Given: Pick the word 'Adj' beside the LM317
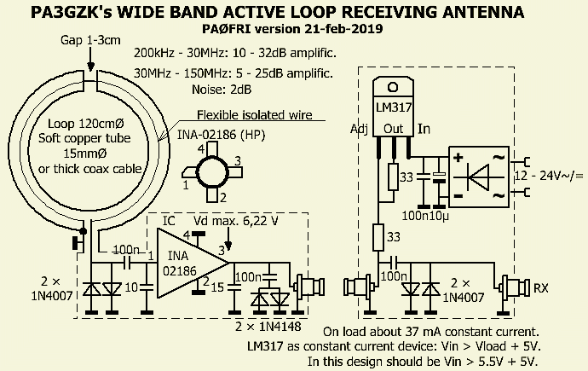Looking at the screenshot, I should click(360, 130).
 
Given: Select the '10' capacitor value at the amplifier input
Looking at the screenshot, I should click(133, 288).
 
